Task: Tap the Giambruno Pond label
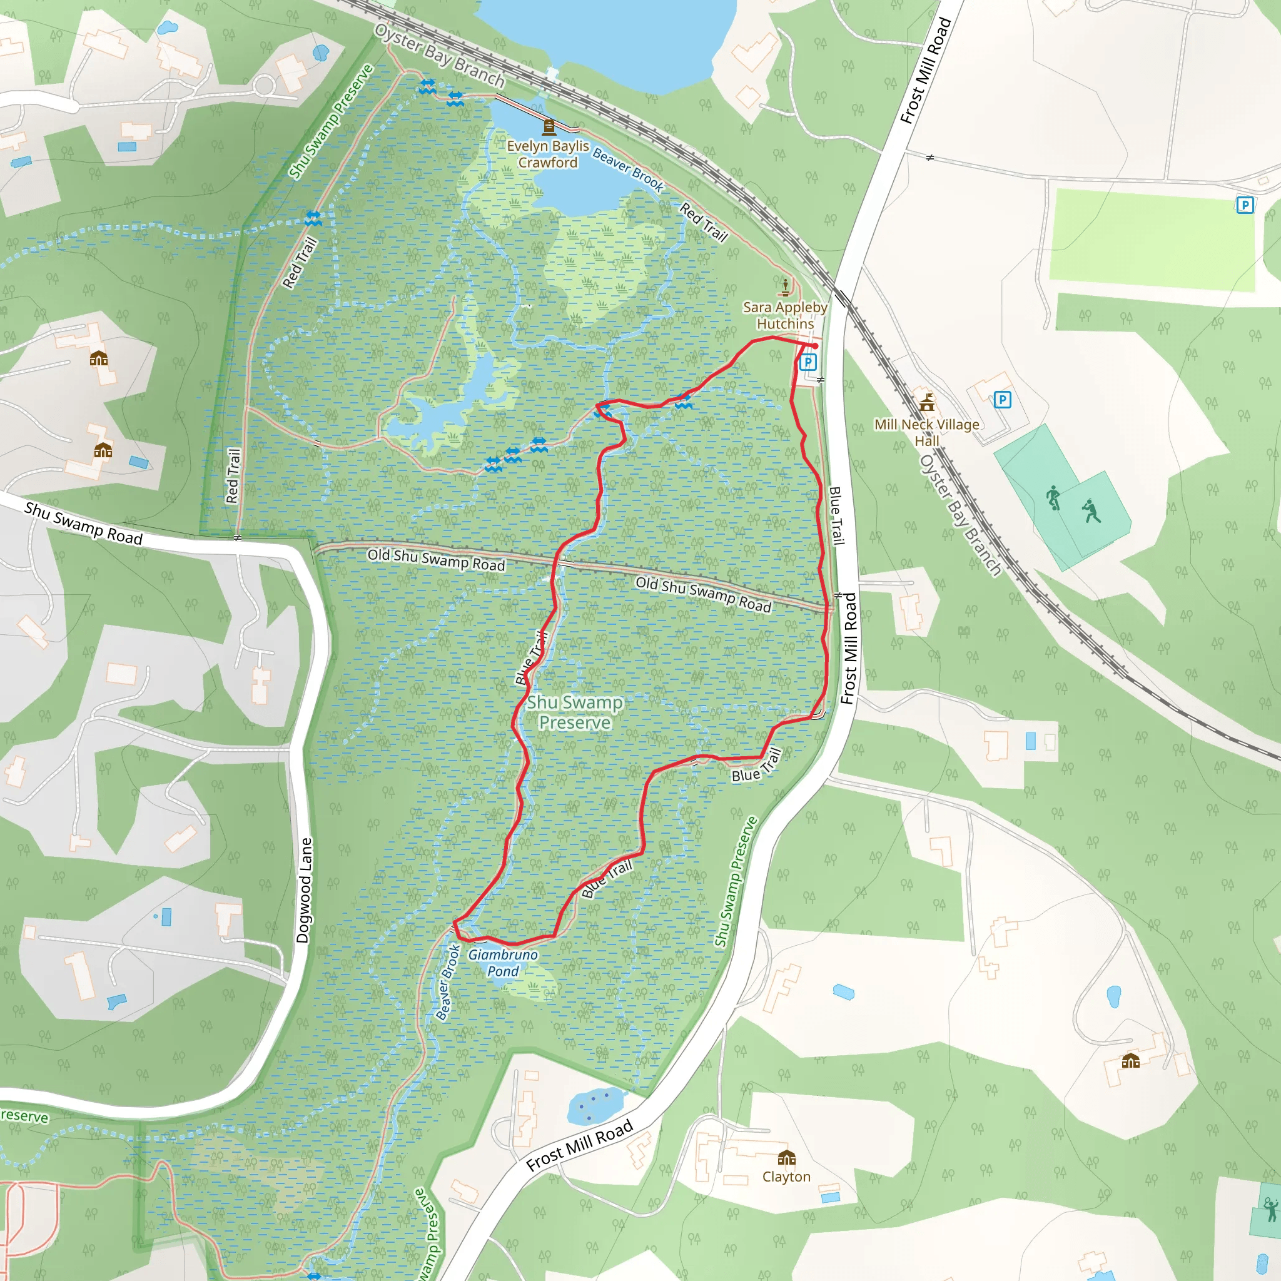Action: [503, 963]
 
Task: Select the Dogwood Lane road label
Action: [305, 890]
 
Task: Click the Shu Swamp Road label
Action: [84, 523]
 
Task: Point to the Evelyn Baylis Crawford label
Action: [548, 154]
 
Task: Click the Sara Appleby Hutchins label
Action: [785, 316]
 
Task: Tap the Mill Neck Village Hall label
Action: [926, 432]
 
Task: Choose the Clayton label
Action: [786, 1177]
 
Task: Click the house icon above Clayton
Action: [786, 1158]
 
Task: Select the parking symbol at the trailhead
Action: [808, 362]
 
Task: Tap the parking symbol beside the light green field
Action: [1245, 205]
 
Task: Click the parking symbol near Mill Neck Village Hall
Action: [1002, 399]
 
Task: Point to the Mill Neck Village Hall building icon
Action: [927, 402]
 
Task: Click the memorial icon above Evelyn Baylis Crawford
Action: [549, 126]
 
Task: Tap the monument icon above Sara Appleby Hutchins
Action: [786, 287]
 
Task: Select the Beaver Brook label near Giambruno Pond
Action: [448, 982]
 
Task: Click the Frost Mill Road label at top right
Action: [926, 70]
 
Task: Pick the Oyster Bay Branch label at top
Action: [440, 56]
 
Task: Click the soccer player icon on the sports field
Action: [1053, 497]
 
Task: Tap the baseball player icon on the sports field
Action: [1091, 510]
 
